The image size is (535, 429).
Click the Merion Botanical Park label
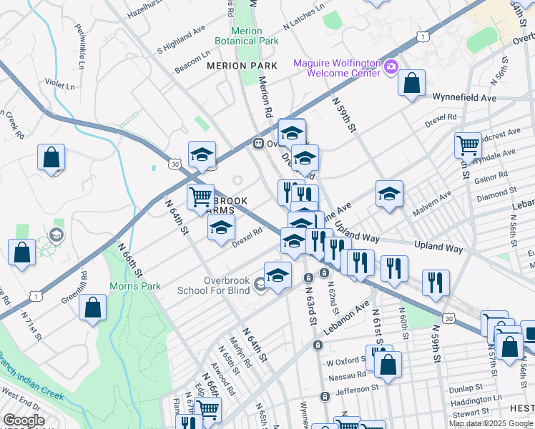(255, 36)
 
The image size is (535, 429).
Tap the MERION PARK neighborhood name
(241, 66)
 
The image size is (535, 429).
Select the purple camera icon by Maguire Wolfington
(391, 68)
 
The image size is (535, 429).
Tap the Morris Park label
(134, 286)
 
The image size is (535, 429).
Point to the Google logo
(24, 420)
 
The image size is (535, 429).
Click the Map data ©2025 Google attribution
(490, 423)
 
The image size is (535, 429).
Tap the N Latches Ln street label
(303, 19)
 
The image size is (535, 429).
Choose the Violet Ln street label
(60, 84)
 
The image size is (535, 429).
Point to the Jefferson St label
(357, 390)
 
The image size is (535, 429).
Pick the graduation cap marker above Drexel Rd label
(222, 228)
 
